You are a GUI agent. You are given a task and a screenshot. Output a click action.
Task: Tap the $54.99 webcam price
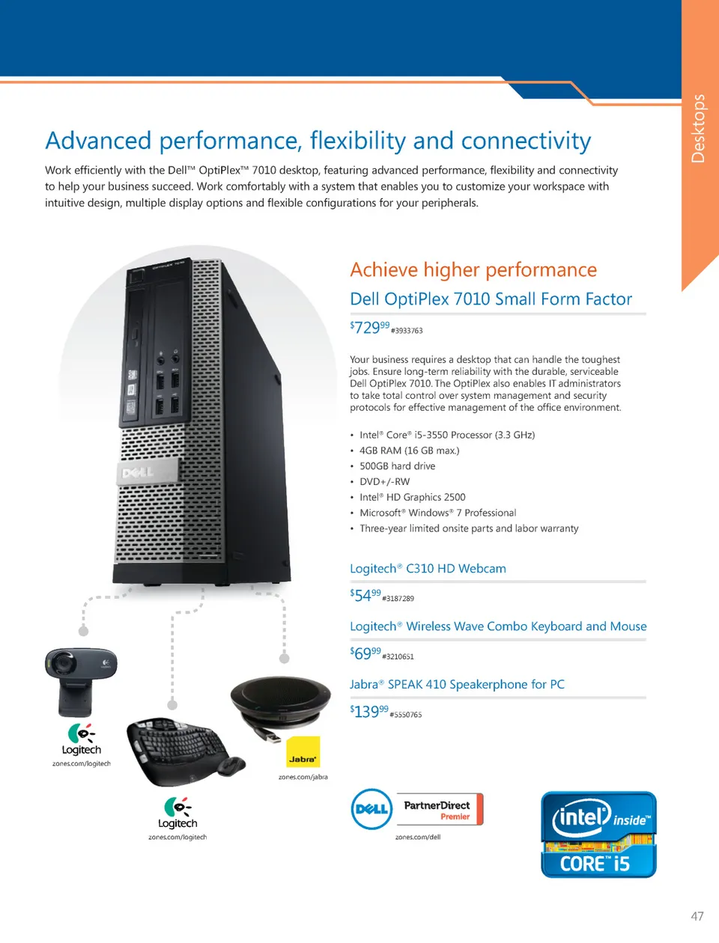365,596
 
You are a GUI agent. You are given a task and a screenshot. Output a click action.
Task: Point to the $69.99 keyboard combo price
365,653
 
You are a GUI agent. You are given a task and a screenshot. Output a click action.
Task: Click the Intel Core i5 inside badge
598,834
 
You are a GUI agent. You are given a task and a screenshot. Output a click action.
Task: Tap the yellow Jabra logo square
303,752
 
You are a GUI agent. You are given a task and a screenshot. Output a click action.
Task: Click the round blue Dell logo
371,809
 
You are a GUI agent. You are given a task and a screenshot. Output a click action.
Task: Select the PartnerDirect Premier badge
440,810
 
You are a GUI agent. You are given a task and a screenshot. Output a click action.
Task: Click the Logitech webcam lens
62,663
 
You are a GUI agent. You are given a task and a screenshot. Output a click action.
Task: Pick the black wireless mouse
231,766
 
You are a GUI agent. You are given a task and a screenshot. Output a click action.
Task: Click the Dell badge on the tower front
147,472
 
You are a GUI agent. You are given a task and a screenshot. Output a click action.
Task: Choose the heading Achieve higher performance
473,270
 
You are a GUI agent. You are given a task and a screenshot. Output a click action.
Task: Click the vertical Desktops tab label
698,129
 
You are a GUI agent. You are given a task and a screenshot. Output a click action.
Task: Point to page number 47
697,916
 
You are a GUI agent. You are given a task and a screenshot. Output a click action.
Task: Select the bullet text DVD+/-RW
384,482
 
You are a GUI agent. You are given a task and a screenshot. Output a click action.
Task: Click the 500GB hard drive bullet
397,466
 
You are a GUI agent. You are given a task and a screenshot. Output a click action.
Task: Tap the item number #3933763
407,331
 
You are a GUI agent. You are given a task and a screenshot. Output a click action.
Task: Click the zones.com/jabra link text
303,777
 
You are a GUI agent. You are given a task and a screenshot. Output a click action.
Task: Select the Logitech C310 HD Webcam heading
428,569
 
